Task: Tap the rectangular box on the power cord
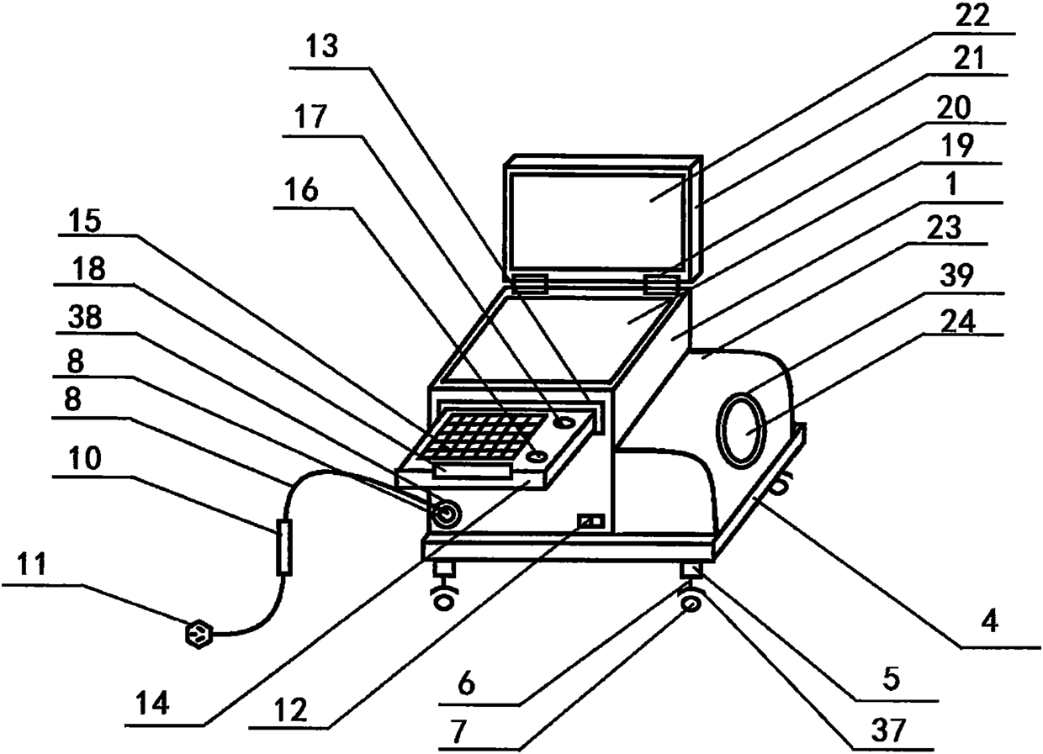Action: tap(283, 546)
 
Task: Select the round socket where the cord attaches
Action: tap(444, 513)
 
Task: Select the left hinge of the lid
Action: tap(529, 283)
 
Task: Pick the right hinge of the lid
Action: tap(661, 284)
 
